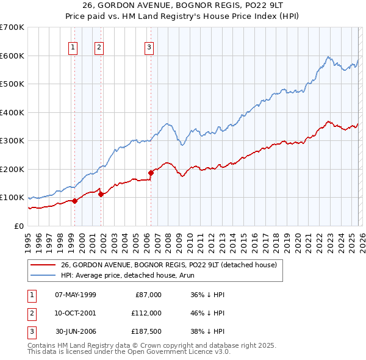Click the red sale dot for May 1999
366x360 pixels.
click(x=74, y=201)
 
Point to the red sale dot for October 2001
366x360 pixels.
click(x=101, y=194)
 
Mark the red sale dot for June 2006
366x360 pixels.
click(x=151, y=173)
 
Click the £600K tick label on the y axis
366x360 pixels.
click(x=12, y=56)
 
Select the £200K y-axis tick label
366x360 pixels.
click(x=12, y=169)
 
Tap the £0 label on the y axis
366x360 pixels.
click(x=20, y=226)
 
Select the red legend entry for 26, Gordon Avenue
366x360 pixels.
click(x=169, y=265)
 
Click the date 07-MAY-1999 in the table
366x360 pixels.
click(x=75, y=295)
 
